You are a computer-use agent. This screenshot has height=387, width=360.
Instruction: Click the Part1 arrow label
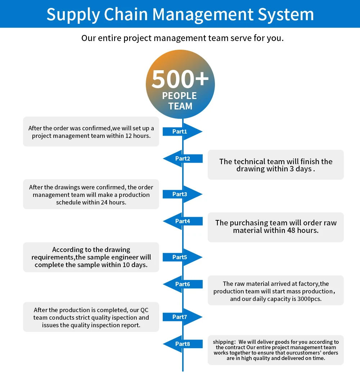pos(180,132)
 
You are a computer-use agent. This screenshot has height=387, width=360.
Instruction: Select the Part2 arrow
pos(183,158)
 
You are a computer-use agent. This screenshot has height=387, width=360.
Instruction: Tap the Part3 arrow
pos(180,194)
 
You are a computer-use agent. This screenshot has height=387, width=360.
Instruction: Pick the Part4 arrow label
pos(183,221)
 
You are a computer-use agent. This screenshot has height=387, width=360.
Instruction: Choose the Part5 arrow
pos(180,257)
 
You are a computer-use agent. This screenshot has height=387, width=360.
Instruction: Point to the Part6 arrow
pos(183,284)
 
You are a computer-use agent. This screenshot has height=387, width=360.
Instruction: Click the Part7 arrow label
pos(180,317)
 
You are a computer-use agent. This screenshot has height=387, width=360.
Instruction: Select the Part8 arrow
pos(183,344)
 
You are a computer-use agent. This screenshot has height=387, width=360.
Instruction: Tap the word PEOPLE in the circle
pos(180,96)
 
